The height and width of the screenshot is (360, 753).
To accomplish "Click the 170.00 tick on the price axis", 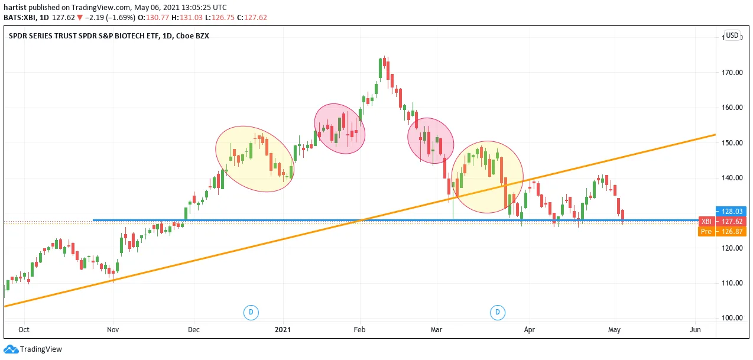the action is point(732,73).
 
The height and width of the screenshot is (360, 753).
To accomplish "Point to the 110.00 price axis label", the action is point(732,283).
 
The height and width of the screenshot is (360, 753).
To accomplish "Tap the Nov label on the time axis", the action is point(113,330).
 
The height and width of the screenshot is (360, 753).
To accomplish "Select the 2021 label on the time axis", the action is point(283,330).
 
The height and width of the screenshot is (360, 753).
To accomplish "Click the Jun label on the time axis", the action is point(695,330).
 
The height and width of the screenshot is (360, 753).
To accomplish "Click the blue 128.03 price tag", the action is point(731,212).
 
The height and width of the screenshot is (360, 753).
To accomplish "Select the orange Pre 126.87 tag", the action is point(722,232).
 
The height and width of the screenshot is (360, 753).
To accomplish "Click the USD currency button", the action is point(732,35).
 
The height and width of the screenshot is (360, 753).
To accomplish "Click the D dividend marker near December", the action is point(251,313).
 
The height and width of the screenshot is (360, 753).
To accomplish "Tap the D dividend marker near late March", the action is point(498,313).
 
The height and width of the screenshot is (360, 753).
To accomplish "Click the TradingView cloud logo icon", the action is point(11,349).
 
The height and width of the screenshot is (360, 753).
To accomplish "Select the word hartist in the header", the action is point(15,8).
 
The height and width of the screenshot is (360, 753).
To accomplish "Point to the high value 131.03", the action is point(191,18).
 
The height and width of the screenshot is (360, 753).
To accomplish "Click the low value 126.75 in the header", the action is point(223,18).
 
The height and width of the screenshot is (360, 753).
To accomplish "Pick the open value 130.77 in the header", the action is point(157,18).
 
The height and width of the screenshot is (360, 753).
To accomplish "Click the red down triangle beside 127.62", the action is point(80,18).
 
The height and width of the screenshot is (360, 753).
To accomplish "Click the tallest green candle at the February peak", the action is point(380,68).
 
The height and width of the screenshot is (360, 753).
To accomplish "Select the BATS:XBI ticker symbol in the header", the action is point(20,18).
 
